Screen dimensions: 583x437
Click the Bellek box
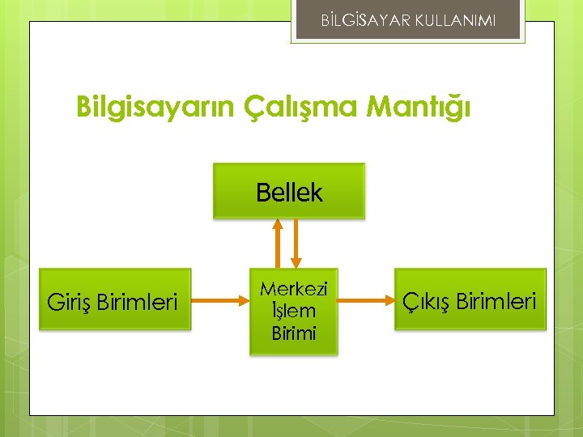coord(289,192)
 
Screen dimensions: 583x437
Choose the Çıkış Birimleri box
coord(470,299)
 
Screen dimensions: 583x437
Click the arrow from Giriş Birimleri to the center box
coord(221,301)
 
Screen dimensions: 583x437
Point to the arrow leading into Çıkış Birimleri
coord(365,301)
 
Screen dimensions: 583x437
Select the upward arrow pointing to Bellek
coord(278,244)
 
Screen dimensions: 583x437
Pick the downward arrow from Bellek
coord(296,244)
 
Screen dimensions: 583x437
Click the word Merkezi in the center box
coord(294,289)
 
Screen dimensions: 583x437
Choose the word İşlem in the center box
coord(294,311)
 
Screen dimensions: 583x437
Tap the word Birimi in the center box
coord(294,333)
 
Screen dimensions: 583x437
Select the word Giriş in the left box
coord(70,302)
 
